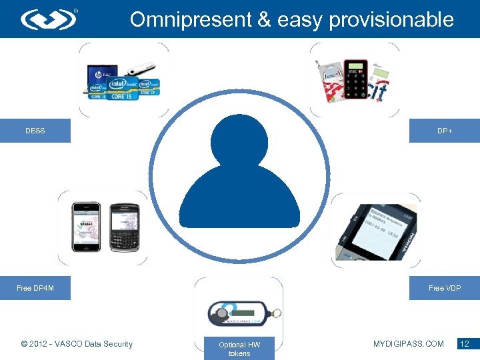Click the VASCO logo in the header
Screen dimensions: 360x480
point(49,19)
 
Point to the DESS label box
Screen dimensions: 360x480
point(35,131)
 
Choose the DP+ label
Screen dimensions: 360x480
point(444,131)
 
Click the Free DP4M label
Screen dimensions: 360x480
point(35,288)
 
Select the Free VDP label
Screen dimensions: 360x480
point(444,288)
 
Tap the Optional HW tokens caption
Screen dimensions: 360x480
point(239,349)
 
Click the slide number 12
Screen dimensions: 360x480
point(464,344)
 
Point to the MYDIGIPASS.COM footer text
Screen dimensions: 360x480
point(409,344)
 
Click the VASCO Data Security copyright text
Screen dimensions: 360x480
point(77,344)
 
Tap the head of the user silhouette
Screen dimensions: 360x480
point(239,141)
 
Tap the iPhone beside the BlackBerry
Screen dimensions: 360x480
point(86,227)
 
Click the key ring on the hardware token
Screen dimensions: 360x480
point(275,313)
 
